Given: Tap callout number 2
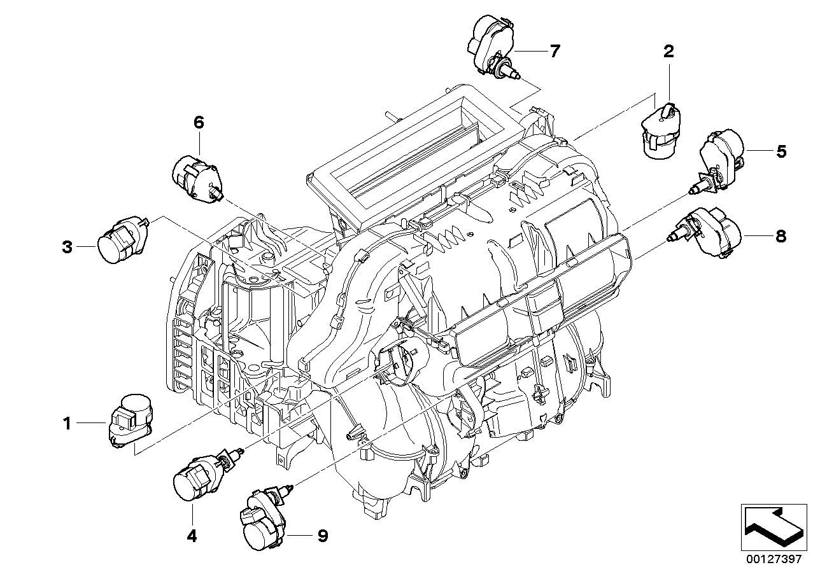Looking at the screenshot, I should [x=668, y=52].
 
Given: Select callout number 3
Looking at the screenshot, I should [x=67, y=247].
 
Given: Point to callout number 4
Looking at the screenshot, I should [x=192, y=536].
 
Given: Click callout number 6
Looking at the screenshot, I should [x=199, y=123].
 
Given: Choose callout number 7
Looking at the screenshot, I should [x=555, y=51].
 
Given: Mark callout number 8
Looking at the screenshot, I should [x=781, y=236].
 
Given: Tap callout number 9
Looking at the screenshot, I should [x=322, y=536].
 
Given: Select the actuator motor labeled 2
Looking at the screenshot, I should [x=663, y=131].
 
